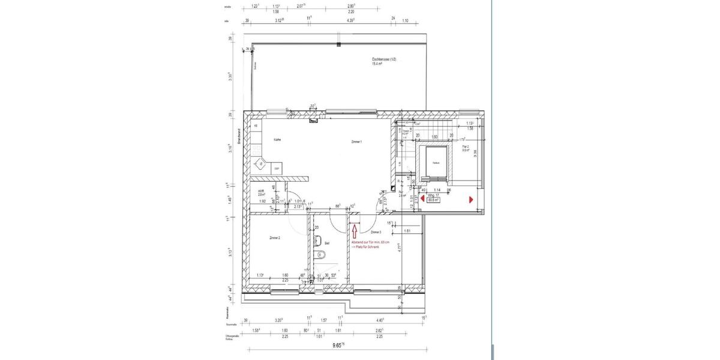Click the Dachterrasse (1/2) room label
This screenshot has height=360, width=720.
click(384, 59)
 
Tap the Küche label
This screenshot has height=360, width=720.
click(278, 139)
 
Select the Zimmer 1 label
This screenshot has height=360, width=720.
click(356, 142)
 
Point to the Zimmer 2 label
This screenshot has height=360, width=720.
click(275, 238)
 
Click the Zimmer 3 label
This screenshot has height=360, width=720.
click(376, 232)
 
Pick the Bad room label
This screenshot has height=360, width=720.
click(328, 243)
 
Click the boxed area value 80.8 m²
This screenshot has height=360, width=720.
click(433, 200)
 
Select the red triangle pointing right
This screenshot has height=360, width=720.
click(472, 199)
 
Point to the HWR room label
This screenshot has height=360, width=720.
click(261, 190)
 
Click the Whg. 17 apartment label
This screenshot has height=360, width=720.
click(434, 195)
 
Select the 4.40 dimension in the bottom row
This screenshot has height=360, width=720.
click(379, 320)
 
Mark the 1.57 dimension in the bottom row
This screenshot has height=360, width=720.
click(323, 320)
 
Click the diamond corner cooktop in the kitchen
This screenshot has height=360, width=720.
click(261, 163)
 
